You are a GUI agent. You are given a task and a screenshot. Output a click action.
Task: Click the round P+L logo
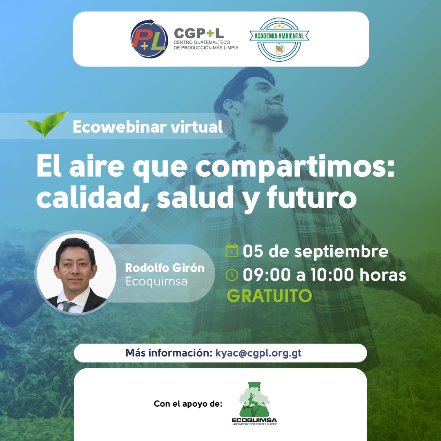(x=149, y=39)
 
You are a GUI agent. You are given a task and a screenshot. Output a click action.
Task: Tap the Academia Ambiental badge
(x=279, y=39)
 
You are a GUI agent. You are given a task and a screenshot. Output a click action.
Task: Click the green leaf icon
(x=47, y=124)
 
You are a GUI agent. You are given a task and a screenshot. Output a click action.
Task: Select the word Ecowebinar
(x=120, y=127)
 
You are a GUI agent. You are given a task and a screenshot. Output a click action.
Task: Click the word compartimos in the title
(x=295, y=168)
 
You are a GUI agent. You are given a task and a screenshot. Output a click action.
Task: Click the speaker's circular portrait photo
(x=76, y=272)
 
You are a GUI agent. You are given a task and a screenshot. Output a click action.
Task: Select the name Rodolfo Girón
(x=165, y=268)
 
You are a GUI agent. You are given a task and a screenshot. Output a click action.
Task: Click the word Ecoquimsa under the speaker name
(x=156, y=281)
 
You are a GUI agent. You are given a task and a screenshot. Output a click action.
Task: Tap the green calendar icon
(x=232, y=251)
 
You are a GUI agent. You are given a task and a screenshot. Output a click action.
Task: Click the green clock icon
(x=232, y=275)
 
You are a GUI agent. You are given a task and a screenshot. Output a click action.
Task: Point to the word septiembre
(x=341, y=252)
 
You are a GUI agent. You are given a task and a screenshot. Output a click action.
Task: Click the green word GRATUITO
(x=269, y=296)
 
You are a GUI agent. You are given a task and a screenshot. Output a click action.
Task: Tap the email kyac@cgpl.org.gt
(x=258, y=353)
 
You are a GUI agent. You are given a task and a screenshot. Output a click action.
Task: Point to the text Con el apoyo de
(x=188, y=404)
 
